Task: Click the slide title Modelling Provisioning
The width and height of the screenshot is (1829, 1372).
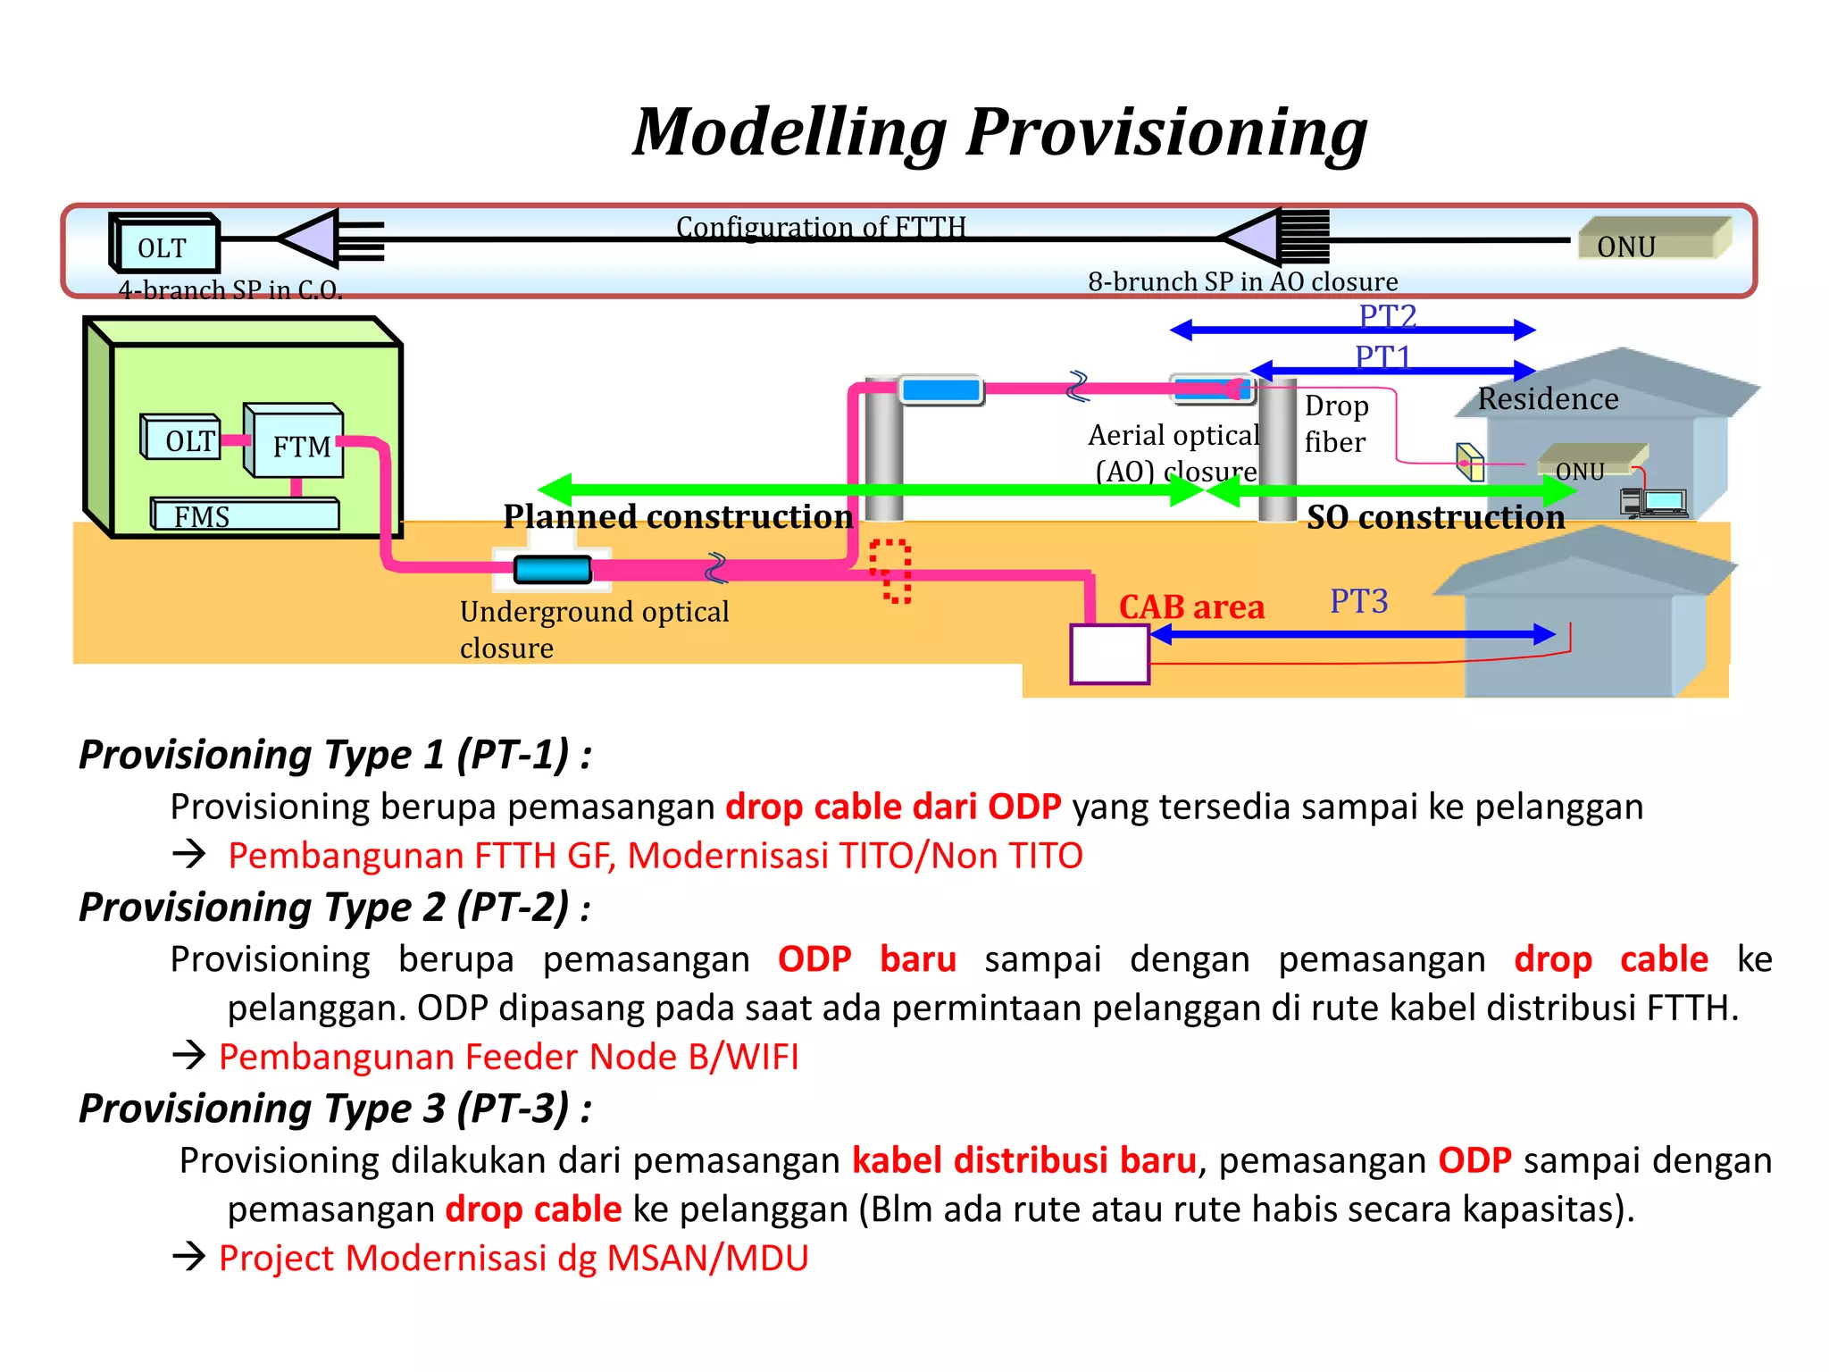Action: (x=999, y=132)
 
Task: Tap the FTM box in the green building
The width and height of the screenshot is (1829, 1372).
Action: (x=296, y=444)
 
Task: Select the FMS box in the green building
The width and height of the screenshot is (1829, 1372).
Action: (x=245, y=515)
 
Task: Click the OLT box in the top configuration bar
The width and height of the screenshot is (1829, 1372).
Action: (x=164, y=245)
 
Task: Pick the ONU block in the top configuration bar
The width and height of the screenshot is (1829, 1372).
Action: (x=1652, y=239)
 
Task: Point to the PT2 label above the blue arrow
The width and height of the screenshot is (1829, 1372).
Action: (x=1387, y=315)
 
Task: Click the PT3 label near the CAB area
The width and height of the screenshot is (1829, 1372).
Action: (x=1358, y=601)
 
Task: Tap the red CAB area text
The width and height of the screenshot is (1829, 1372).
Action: (x=1191, y=607)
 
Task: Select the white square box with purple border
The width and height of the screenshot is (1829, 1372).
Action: (x=1109, y=655)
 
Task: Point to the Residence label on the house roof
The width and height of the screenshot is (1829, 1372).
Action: (x=1548, y=398)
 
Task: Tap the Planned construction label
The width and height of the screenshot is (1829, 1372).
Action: (x=678, y=516)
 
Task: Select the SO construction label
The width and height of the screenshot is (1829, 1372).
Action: (x=1435, y=517)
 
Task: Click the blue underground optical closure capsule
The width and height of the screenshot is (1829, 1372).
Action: (x=553, y=569)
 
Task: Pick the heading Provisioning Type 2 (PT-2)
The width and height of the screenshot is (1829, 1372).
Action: (x=335, y=908)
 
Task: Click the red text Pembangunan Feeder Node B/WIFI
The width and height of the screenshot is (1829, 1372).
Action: (x=508, y=1057)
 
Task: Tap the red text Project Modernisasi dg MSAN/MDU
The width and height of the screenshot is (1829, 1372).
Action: (x=514, y=1258)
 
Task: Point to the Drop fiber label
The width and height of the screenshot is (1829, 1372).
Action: (x=1335, y=423)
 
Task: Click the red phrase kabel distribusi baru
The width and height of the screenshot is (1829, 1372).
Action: (x=1023, y=1160)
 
